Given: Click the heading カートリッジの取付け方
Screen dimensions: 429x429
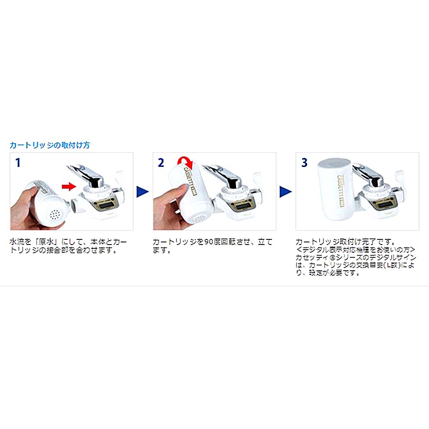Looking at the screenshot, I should click(x=50, y=145).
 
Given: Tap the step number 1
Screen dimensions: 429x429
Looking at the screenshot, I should click(x=18, y=163).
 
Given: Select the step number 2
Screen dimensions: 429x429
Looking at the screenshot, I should click(x=160, y=163).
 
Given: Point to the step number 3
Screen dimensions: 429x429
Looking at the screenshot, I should click(x=304, y=163).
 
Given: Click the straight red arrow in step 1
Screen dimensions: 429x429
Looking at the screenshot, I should click(x=68, y=186).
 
